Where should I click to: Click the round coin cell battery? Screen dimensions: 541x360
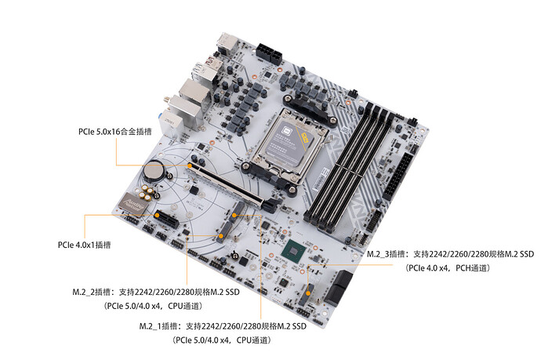coord(154,170)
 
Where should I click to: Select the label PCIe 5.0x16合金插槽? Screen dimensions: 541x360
coord(115,132)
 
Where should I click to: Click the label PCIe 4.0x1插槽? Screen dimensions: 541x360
coord(84,245)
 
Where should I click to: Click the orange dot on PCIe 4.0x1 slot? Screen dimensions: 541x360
coord(157,215)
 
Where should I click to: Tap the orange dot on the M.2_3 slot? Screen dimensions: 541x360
coord(308,293)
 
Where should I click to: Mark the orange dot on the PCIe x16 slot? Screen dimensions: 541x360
coord(190,165)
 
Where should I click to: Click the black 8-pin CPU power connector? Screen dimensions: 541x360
coord(269,53)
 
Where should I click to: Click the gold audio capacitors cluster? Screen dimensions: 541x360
coord(147,192)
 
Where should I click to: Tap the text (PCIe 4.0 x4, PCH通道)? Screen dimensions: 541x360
coord(447,268)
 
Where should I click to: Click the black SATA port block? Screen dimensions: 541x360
coord(339,288)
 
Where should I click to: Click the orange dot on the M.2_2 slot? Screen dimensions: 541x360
coord(220,236)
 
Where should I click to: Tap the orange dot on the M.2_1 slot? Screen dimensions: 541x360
coord(234,215)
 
